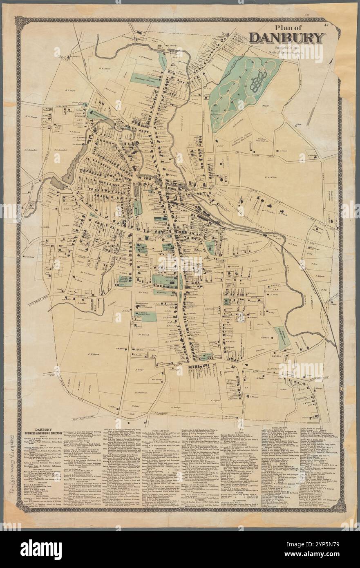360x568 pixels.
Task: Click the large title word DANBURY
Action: pyautogui.click(x=287, y=38)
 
